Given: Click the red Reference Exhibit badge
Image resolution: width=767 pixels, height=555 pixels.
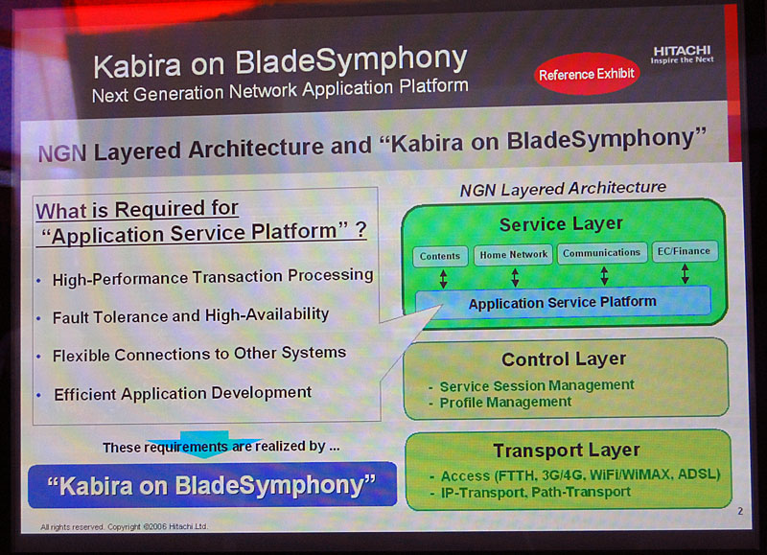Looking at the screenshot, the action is [587, 74].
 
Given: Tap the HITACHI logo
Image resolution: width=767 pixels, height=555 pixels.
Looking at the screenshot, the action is [682, 55].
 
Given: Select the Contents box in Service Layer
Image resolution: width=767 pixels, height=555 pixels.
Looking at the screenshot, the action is [440, 256].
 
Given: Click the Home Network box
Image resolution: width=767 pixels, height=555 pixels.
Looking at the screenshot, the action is [513, 254].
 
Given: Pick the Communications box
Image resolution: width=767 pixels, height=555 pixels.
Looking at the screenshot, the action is [602, 253].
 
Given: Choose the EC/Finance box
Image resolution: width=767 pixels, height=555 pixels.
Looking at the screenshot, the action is [685, 251].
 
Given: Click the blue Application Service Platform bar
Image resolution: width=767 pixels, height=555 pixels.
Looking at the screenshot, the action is [563, 302].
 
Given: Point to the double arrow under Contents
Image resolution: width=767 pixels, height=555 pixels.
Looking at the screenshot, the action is [443, 278].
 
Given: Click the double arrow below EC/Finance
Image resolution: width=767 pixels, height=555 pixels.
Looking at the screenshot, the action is [685, 273].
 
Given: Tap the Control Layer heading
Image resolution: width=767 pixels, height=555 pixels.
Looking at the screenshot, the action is [564, 358].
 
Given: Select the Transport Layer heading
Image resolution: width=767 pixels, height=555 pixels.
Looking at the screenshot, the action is [567, 450].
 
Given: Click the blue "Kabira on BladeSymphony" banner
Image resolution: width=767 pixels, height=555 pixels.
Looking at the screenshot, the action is [212, 485].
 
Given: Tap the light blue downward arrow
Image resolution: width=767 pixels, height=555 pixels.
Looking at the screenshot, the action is [205, 444].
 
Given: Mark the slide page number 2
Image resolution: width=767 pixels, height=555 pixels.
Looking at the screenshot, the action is [740, 511].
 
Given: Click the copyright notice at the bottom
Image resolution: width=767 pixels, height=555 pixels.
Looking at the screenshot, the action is [125, 526].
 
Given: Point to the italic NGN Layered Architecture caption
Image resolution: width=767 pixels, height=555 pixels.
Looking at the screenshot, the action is [563, 189].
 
